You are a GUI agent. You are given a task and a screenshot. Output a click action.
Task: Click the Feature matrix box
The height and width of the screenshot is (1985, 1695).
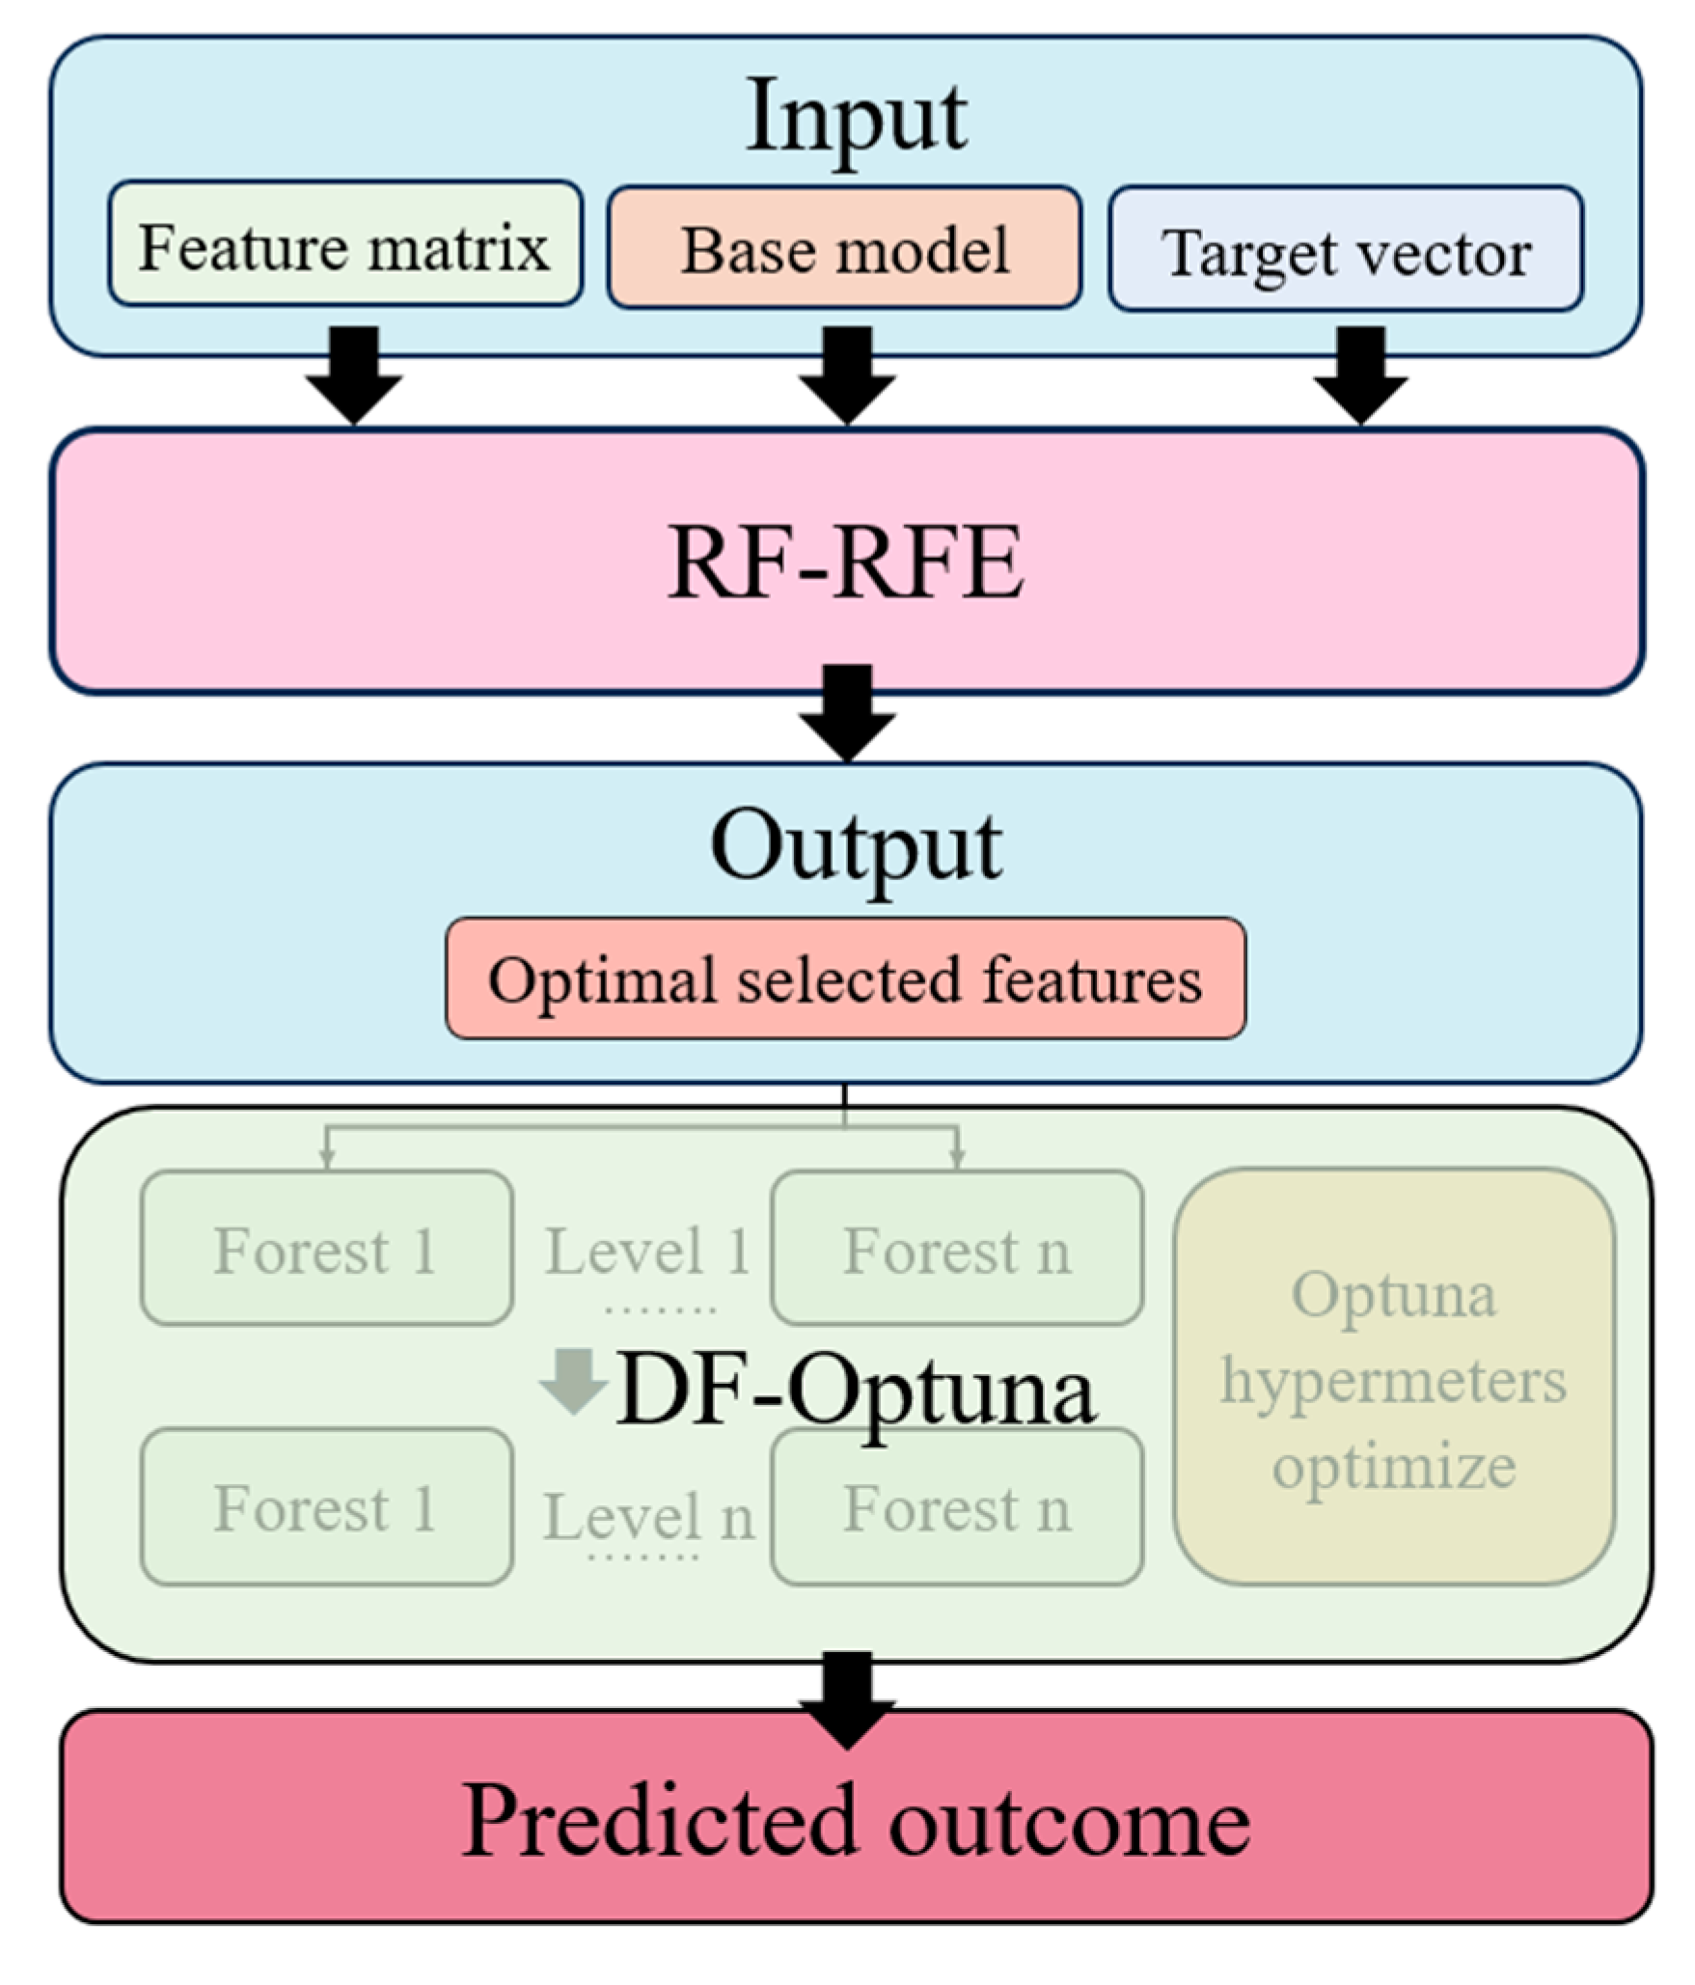click(x=344, y=244)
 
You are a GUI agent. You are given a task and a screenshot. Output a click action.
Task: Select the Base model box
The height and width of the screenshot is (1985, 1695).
click(x=844, y=249)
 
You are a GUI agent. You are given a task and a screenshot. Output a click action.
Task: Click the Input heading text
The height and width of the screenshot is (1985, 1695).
click(x=857, y=119)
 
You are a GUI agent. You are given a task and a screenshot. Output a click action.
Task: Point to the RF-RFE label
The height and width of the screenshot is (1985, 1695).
click(x=845, y=563)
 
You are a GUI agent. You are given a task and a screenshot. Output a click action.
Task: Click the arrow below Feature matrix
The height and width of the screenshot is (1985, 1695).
click(x=354, y=376)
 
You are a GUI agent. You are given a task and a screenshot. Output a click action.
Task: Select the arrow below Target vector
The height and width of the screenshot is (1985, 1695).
click(x=1360, y=376)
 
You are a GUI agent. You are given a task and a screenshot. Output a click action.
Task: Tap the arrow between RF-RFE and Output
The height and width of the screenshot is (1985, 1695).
click(x=847, y=714)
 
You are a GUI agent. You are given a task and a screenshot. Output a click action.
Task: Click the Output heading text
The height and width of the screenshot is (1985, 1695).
click(x=857, y=847)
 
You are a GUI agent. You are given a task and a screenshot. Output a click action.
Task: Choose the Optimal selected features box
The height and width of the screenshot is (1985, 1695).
click(x=845, y=979)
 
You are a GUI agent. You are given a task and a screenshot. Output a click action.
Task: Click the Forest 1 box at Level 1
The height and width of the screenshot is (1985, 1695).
click(x=326, y=1249)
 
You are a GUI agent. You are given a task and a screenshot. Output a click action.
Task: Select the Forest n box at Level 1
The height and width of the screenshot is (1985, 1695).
click(x=957, y=1249)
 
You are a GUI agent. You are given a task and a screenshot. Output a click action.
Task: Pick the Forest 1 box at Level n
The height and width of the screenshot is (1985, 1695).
click(x=326, y=1507)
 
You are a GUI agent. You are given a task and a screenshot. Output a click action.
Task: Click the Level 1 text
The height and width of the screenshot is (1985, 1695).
click(x=647, y=1253)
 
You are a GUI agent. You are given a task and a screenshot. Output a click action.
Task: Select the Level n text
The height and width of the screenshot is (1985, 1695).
click(x=647, y=1515)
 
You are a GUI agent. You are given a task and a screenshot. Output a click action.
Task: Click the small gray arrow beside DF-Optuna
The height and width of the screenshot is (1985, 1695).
click(x=573, y=1380)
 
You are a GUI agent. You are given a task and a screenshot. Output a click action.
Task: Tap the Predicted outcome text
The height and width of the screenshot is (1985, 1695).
click(x=857, y=1821)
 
